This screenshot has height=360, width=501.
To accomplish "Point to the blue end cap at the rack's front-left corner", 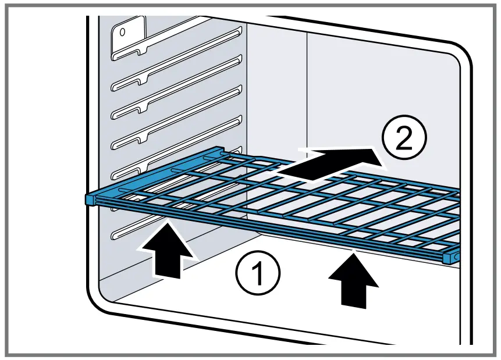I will pos(90,199).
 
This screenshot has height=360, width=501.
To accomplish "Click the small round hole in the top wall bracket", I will pos(123,33).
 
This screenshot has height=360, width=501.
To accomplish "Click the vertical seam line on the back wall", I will pos(306,87).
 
